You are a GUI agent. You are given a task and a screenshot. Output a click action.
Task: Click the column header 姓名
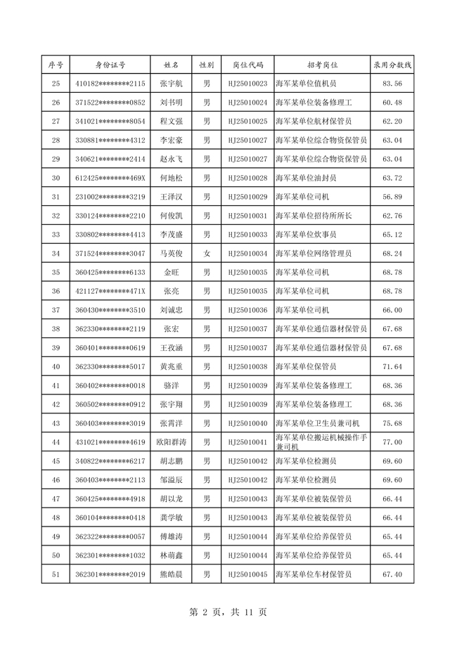point(171,65)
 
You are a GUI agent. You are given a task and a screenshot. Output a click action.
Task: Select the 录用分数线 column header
point(392,65)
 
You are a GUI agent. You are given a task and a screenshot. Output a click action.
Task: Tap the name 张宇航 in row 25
point(171,84)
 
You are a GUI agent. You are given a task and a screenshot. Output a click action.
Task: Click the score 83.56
point(392,84)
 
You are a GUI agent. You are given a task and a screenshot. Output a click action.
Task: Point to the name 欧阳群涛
point(171,442)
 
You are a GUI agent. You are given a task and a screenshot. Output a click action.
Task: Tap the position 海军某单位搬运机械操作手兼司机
point(321,442)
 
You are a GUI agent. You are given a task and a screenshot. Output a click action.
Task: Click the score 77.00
point(392,442)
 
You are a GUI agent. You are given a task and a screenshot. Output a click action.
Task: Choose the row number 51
point(56,574)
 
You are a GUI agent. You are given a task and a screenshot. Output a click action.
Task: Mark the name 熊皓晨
point(171,574)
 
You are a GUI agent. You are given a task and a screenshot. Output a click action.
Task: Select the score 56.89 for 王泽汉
point(392,197)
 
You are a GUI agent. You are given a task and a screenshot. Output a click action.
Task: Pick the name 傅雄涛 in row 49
point(171,536)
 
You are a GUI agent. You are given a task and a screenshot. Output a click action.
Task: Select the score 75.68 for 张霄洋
point(392,423)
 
